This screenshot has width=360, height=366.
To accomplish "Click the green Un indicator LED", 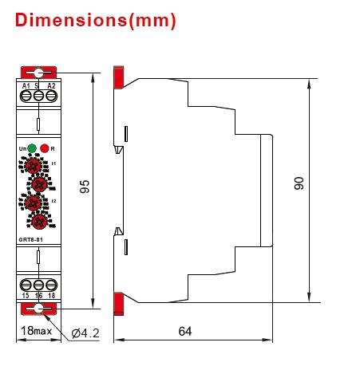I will [x=30, y=148].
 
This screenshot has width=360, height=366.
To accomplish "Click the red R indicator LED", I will [x=45, y=148].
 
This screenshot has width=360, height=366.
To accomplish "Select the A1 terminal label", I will [x=26, y=85].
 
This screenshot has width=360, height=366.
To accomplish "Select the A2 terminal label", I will [x=51, y=85].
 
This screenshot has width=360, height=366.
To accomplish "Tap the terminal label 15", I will [x=26, y=296].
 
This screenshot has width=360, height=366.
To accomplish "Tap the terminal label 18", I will [x=51, y=296].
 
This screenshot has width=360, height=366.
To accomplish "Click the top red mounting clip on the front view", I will [x=38, y=74].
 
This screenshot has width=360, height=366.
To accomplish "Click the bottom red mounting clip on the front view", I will [x=38, y=307].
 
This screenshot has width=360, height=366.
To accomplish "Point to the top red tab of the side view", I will [x=119, y=77].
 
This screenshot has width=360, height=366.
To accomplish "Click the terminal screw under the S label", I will [x=38, y=95].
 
